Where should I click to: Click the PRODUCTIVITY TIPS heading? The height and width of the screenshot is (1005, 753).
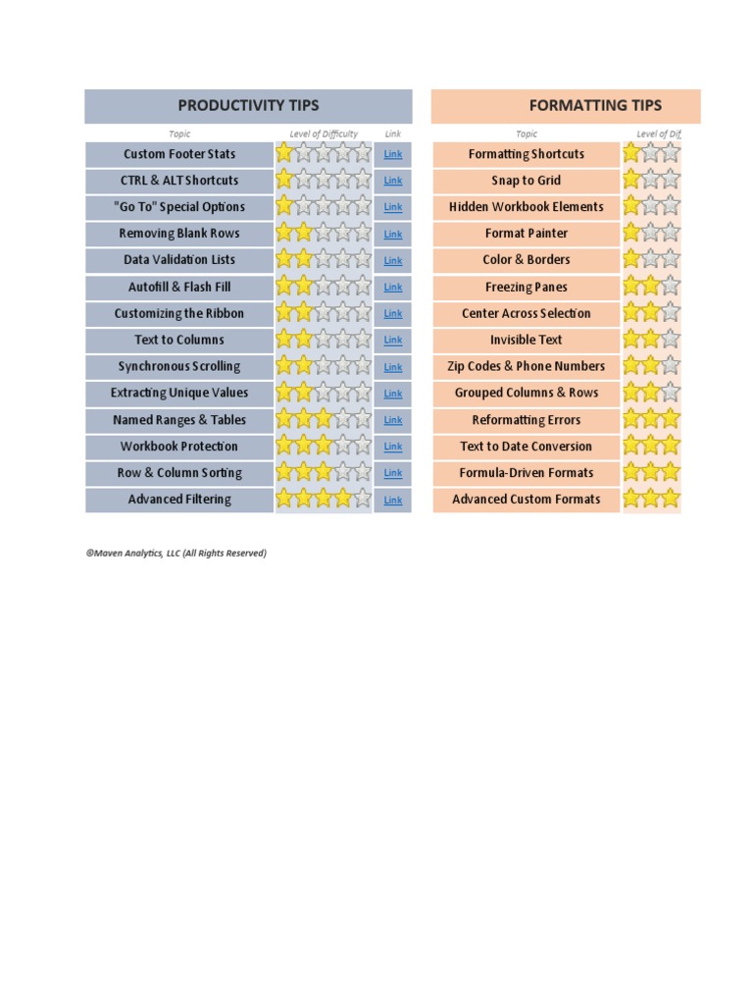point(248,105)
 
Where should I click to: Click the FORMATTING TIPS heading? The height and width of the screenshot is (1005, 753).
point(595,105)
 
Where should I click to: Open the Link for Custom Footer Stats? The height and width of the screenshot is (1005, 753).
point(392,154)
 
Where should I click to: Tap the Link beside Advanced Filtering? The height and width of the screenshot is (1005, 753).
point(392,500)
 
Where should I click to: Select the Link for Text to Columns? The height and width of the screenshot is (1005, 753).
point(392,340)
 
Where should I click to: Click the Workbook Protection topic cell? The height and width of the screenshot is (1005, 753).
point(179,447)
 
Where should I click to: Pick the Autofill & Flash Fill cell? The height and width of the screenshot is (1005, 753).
point(179,287)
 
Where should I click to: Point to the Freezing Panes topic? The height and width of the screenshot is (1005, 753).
point(527,287)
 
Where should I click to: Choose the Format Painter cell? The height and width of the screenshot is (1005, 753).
point(527,234)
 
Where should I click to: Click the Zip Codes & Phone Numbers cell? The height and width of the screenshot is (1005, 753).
point(527,366)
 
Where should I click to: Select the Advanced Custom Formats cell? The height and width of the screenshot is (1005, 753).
point(527,500)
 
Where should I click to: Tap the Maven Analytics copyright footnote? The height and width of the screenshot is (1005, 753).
point(176,554)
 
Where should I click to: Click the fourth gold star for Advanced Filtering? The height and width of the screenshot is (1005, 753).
point(343,500)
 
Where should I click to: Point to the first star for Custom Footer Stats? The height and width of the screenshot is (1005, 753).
point(284,153)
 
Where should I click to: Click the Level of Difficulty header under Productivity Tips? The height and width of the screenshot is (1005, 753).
point(324,134)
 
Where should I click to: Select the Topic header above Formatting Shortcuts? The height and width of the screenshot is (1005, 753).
point(527,134)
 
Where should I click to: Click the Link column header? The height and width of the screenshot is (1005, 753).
point(392,134)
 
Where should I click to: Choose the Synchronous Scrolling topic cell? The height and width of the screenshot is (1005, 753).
point(179,366)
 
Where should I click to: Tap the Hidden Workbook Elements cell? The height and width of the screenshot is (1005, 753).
point(527,207)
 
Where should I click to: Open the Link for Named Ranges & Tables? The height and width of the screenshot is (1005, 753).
point(392,420)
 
